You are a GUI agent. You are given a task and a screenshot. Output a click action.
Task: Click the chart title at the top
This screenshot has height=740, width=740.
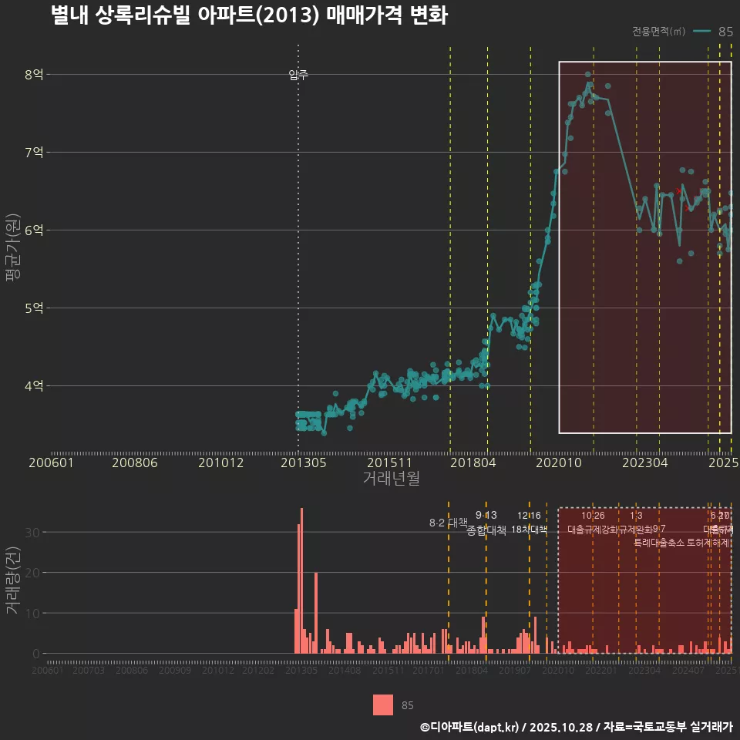click(x=248, y=15)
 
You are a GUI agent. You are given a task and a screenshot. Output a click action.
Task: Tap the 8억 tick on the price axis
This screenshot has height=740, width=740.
click(x=34, y=75)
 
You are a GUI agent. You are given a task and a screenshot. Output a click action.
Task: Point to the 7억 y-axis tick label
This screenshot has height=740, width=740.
click(x=34, y=153)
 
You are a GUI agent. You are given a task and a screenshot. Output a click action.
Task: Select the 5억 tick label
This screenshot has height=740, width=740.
click(x=34, y=308)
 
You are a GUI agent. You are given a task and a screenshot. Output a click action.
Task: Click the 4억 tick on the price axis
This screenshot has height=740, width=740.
click(x=34, y=385)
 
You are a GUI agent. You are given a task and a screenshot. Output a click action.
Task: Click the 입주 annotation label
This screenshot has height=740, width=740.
click(x=298, y=75)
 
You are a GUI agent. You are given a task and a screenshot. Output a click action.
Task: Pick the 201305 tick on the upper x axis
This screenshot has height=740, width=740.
click(x=302, y=463)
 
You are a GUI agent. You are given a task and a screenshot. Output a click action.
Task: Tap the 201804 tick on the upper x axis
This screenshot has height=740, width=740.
click(x=472, y=463)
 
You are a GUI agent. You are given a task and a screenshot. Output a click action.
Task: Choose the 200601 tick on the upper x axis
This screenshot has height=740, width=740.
click(x=51, y=463)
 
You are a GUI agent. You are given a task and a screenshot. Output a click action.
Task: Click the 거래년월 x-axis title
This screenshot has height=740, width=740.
click(x=391, y=479)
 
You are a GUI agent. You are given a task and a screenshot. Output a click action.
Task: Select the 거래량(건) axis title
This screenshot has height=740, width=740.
click(x=12, y=580)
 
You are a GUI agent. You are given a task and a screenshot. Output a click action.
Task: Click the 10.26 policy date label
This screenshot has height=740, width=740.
click(x=593, y=515)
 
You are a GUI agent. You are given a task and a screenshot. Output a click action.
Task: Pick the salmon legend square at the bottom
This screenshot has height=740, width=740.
click(x=383, y=705)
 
